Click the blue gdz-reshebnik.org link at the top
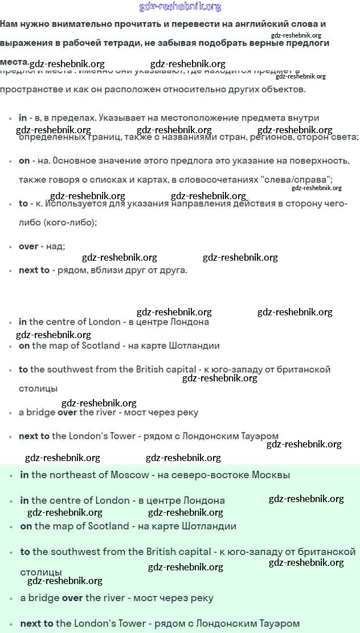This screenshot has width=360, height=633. (180, 7)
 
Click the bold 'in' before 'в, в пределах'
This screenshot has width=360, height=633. (23, 118)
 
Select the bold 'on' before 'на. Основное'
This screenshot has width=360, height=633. (24, 161)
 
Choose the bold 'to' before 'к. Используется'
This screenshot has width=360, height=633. (23, 203)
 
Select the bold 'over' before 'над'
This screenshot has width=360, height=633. (28, 246)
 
